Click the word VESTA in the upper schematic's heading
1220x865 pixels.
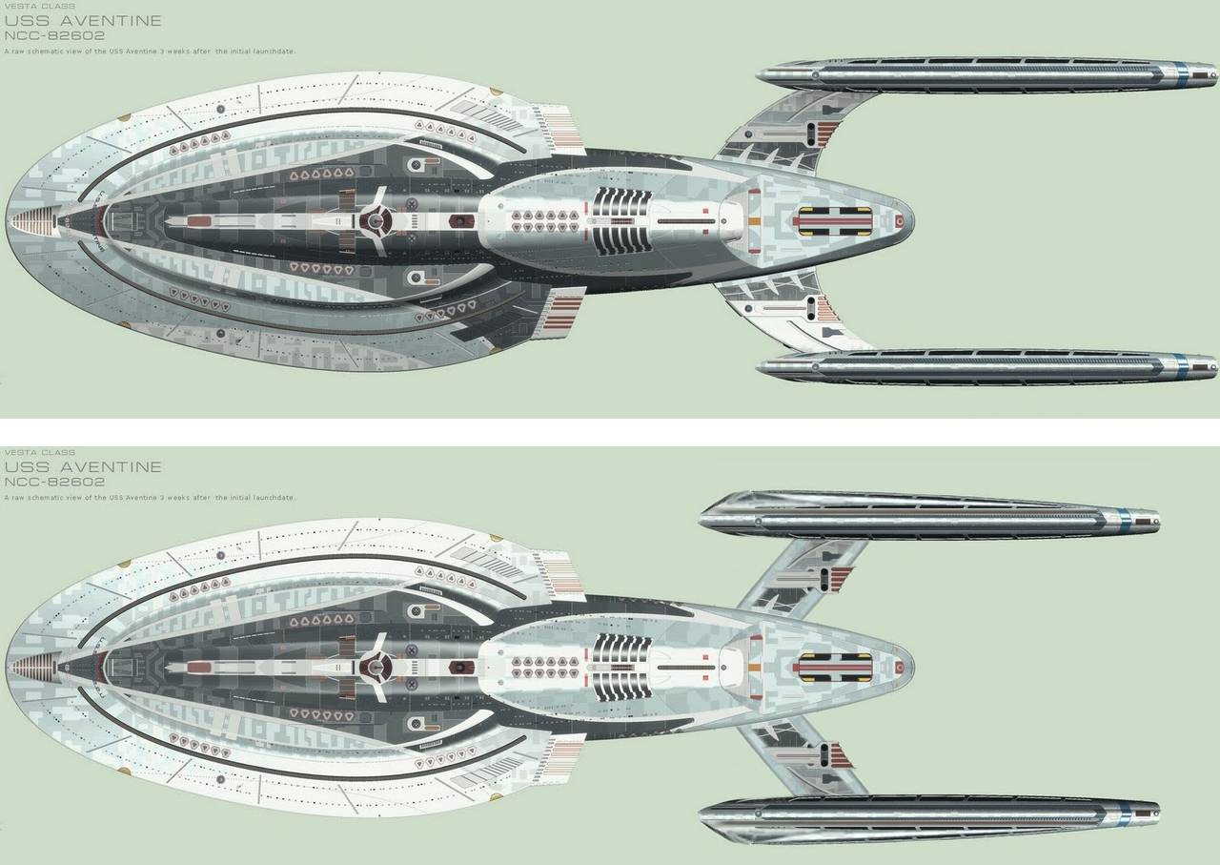[x=18, y=6]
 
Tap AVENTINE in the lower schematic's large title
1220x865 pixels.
[x=111, y=467]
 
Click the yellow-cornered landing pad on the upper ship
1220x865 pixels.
[x=834, y=221]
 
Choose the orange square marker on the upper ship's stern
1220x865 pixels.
[x=753, y=221]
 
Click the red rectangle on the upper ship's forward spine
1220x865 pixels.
[x=199, y=221]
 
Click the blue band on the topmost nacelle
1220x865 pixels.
[x=1182, y=74]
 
